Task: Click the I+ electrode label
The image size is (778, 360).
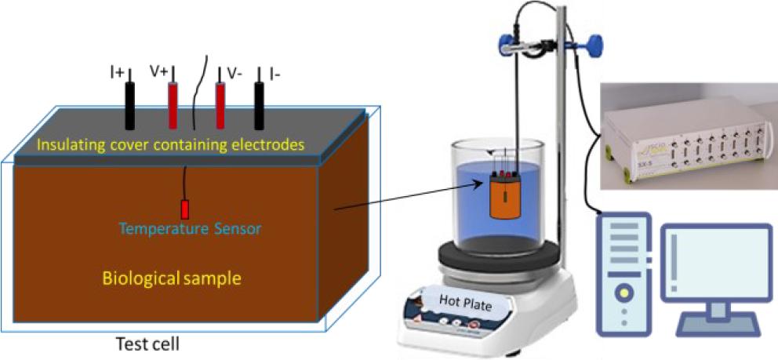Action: coord(117,73)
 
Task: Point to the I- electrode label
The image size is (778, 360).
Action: coord(275,73)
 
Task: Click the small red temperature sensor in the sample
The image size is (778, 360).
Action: coord(185,210)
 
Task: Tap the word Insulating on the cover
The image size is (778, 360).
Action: coord(67,144)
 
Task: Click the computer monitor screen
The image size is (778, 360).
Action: coord(715,263)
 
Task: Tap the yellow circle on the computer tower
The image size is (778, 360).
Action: coord(623,293)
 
